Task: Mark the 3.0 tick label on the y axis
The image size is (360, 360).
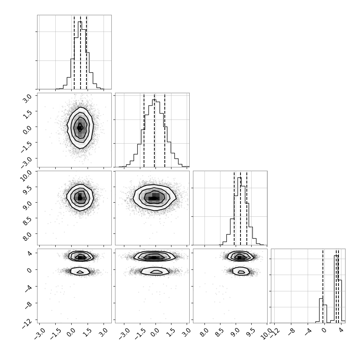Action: click(28, 99)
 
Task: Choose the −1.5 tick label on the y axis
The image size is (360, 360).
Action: click(26, 146)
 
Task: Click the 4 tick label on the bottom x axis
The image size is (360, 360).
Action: click(341, 330)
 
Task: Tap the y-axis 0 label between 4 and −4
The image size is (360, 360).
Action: click(30, 270)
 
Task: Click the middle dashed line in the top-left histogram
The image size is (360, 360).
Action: click(81, 52)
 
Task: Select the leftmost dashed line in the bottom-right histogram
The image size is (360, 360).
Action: click(323, 286)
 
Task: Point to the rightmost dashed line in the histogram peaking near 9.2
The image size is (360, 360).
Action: click(247, 208)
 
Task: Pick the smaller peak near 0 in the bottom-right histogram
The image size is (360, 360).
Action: click(321, 310)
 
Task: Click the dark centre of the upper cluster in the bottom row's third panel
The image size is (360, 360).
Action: click(240, 258)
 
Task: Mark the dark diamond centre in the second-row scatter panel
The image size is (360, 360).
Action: click(80, 128)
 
